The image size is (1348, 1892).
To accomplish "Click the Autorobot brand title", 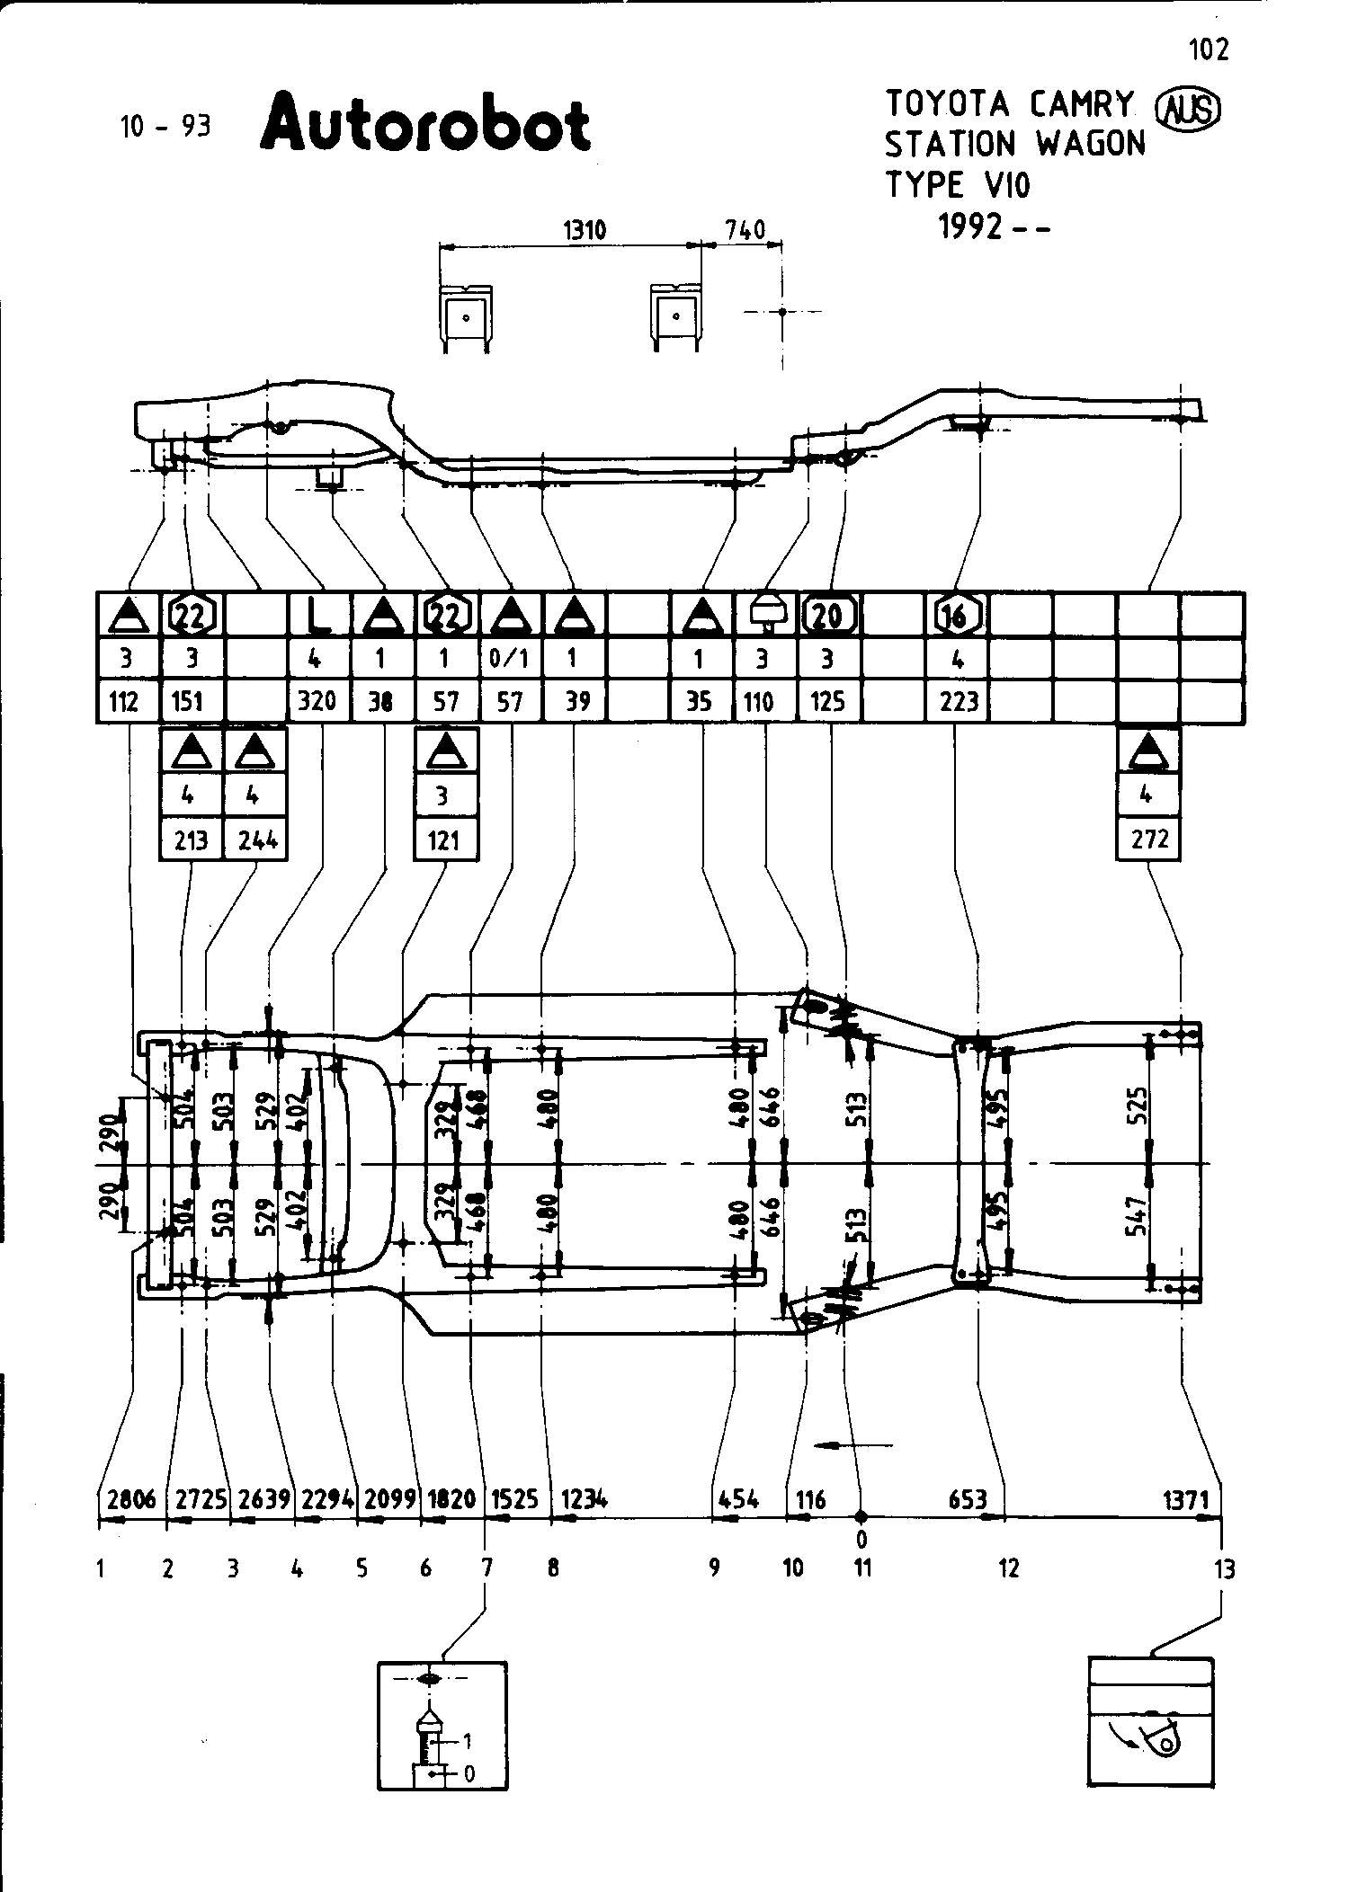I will coord(425,122).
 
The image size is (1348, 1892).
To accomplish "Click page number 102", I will coord(1208,49).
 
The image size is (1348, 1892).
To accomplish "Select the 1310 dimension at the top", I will coord(585,231).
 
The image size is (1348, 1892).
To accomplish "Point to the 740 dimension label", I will coord(745,231).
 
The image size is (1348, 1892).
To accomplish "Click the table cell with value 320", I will coord(317,701).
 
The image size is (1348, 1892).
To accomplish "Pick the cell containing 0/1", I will coord(510,659).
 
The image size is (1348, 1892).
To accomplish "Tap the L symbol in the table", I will coord(317,617).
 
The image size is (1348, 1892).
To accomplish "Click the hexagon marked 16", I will coord(957,617).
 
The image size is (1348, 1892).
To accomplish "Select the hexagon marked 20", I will coord(827,617).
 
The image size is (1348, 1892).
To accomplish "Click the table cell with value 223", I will coord(959,701).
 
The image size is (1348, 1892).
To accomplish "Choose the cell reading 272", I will coord(1149,839).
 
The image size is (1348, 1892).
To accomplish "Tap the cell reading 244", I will coord(256,839).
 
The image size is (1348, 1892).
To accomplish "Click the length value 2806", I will coord(131,1499).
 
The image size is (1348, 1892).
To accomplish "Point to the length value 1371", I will coord(1186,1499).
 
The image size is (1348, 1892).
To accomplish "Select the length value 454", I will coord(738,1499).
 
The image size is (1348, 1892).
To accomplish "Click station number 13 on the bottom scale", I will coord(1224,1569).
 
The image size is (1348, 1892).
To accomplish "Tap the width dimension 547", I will coord(1138,1215).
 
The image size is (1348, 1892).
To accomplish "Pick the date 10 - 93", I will coord(165,127).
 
